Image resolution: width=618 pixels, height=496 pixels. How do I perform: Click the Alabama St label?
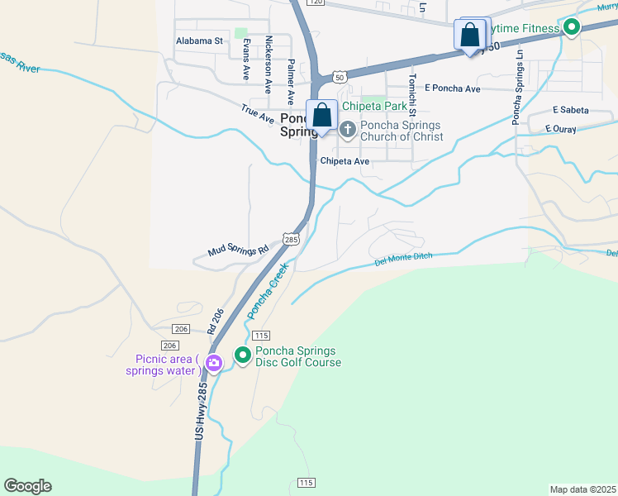[200, 40]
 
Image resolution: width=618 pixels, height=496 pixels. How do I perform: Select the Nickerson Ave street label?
[268, 63]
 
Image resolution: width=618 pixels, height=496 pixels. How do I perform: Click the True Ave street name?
[257, 114]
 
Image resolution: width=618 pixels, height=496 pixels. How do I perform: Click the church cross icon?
[348, 129]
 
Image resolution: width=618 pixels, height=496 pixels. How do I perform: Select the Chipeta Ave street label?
[345, 161]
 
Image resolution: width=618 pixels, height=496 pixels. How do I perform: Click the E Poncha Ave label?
[452, 88]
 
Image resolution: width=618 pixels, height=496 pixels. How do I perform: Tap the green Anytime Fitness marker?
[571, 29]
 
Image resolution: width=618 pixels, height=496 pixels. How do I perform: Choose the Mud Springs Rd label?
[239, 249]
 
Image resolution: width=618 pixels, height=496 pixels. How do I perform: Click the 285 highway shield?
[290, 239]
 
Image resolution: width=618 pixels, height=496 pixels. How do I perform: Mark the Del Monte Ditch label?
[404, 260]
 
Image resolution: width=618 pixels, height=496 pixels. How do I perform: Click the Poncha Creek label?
[266, 292]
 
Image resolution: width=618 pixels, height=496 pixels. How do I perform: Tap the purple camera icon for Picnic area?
[214, 363]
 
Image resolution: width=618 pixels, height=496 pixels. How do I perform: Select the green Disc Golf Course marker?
[243, 355]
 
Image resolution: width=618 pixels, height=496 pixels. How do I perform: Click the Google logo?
[27, 486]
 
